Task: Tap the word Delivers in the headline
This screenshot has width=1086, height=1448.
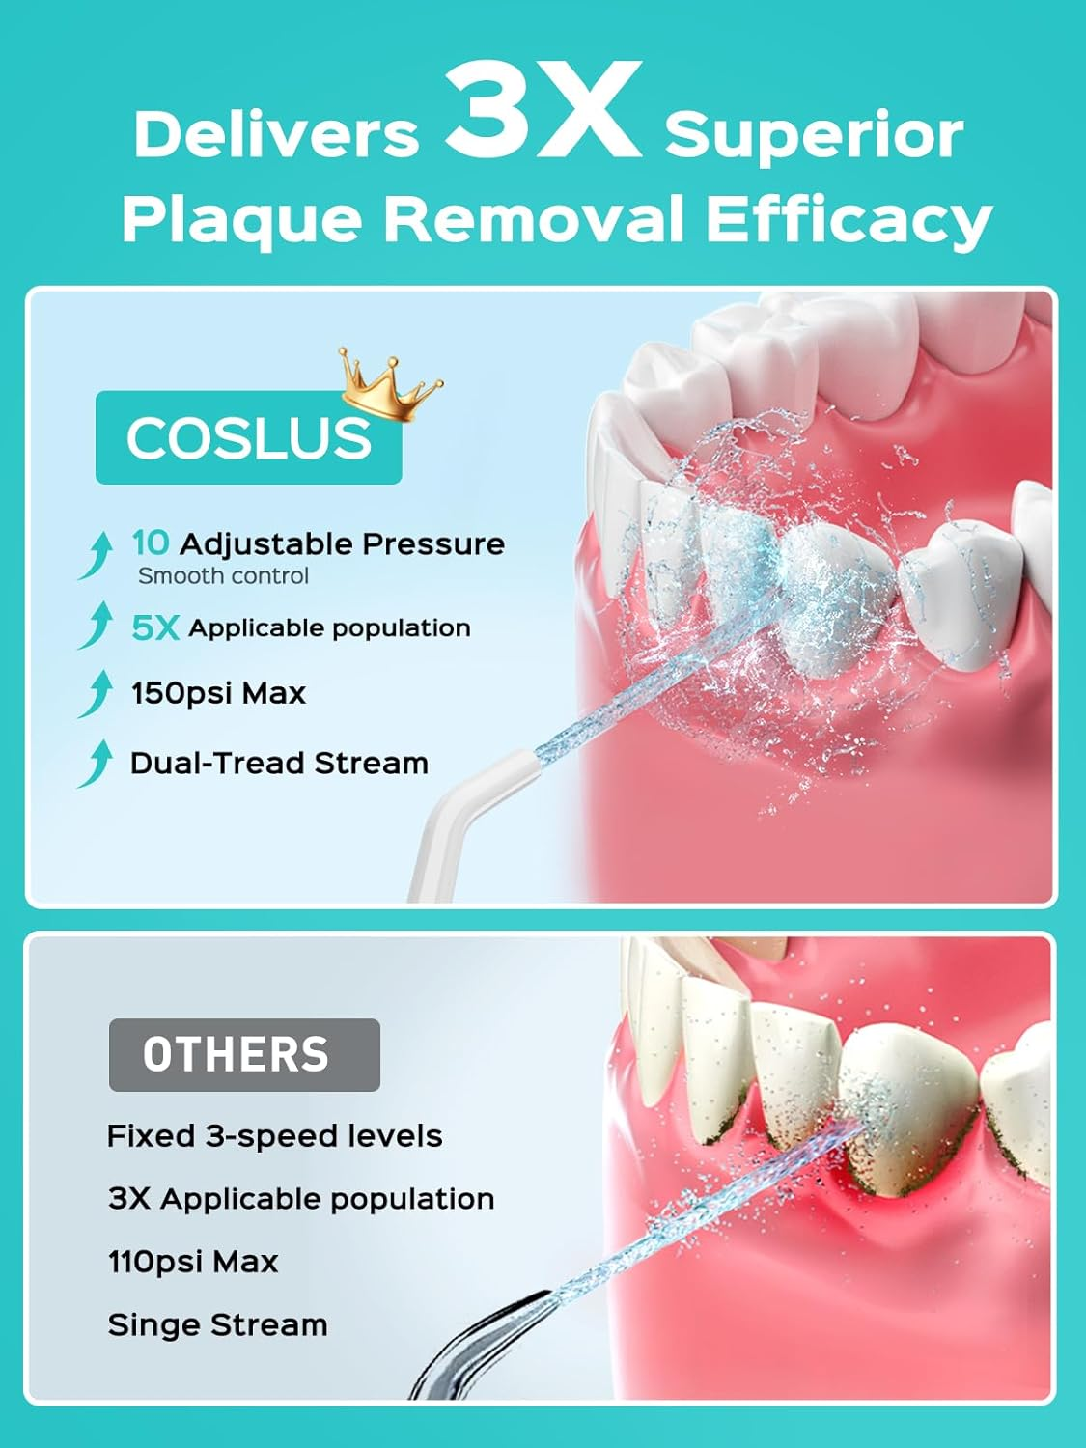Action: (276, 134)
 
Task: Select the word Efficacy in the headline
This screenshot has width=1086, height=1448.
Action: (849, 219)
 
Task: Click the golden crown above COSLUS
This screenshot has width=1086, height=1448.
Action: (388, 385)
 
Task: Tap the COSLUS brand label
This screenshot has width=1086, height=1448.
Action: (248, 437)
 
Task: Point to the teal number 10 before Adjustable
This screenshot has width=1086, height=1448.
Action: (150, 543)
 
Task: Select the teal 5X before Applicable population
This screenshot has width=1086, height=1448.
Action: (155, 628)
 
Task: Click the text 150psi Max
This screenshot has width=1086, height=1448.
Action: (218, 693)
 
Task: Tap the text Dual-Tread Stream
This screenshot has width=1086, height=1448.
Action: (279, 763)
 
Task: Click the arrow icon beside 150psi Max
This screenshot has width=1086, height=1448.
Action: (96, 694)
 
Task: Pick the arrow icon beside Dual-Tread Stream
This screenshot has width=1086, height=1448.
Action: (96, 764)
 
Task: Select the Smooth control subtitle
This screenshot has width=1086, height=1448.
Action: (223, 576)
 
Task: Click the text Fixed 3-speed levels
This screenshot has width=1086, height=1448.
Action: (274, 1136)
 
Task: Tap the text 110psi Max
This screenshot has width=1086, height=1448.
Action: (193, 1262)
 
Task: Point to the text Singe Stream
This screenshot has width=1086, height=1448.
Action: (217, 1324)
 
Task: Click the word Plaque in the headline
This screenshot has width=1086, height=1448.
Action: (241, 219)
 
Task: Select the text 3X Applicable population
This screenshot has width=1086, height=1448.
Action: (300, 1199)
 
